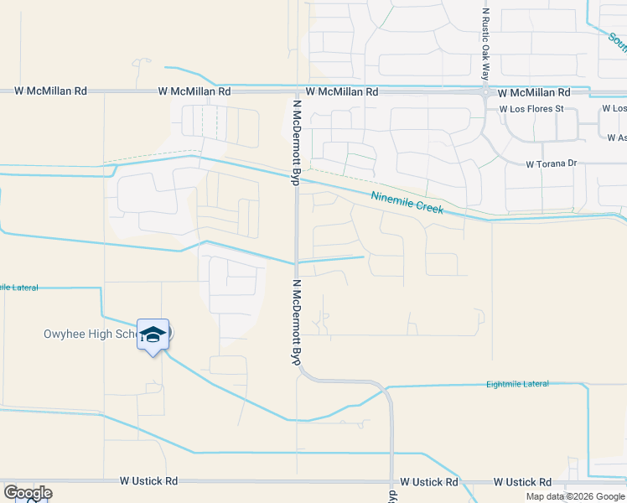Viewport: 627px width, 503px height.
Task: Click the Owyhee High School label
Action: (x=91, y=334)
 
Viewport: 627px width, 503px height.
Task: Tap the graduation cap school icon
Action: (x=153, y=335)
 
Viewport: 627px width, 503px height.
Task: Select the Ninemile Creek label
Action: (x=407, y=202)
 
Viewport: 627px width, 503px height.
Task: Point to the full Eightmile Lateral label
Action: (x=517, y=384)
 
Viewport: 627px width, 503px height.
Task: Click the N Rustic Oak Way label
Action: (x=485, y=44)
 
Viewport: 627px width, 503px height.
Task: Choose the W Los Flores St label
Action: (x=531, y=109)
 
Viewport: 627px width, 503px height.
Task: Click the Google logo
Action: (x=27, y=492)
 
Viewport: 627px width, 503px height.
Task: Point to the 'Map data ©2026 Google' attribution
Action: (x=576, y=496)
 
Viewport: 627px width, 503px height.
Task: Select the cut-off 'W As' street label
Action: (x=617, y=137)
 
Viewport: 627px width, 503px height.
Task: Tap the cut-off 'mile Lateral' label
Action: (x=19, y=287)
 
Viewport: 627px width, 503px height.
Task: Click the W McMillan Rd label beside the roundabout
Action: (x=534, y=91)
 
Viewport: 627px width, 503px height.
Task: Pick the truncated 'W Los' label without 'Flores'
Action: (x=614, y=109)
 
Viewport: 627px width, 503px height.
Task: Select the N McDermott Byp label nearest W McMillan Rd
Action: (x=296, y=143)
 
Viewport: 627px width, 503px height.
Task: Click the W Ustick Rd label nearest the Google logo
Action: (x=148, y=481)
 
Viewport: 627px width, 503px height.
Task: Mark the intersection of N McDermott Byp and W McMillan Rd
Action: (x=296, y=91)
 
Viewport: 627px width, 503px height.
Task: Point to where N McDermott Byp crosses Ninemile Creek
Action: (x=296, y=178)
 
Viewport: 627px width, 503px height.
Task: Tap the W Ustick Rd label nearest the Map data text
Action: (x=522, y=482)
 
